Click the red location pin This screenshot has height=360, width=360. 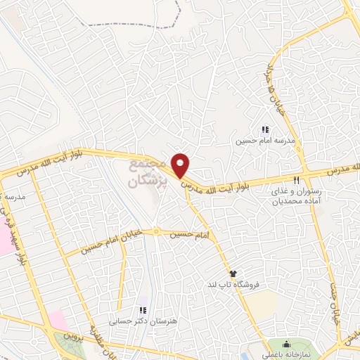pyautogui.click(x=181, y=165)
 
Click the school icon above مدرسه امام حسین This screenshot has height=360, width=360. pyautogui.click(x=264, y=129)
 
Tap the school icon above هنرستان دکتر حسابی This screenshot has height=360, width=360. pyautogui.click(x=143, y=310)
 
